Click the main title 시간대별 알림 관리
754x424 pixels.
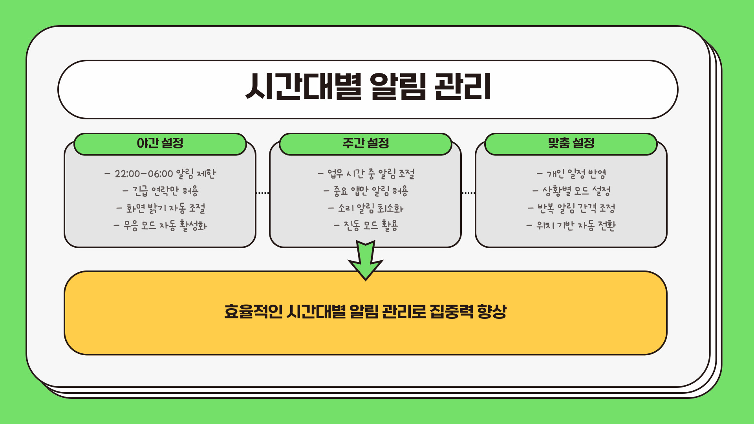pyautogui.click(x=368, y=87)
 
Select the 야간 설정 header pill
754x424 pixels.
pyautogui.click(x=160, y=143)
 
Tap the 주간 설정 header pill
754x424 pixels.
pyautogui.click(x=366, y=143)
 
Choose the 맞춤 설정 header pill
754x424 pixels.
pyautogui.click(x=571, y=143)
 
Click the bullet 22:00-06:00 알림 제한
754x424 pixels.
pyautogui.click(x=160, y=174)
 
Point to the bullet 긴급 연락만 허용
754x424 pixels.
pyautogui.click(x=160, y=191)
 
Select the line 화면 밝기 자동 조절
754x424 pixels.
pyautogui.click(x=160, y=208)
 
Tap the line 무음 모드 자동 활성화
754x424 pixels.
pyautogui.click(x=160, y=225)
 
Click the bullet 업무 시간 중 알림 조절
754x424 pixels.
pyautogui.click(x=366, y=174)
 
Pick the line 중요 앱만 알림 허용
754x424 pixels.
pyautogui.click(x=366, y=191)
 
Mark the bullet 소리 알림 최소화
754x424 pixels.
pyautogui.click(x=366, y=208)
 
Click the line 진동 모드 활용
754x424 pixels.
pyautogui.click(x=366, y=225)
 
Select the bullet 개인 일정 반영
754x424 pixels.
pyautogui.click(x=571, y=174)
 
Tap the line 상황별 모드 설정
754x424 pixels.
pyautogui.click(x=571, y=191)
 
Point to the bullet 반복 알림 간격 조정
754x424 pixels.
pyautogui.click(x=571, y=208)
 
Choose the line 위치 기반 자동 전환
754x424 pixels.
pyautogui.click(x=571, y=225)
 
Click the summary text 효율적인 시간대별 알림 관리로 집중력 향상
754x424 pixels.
pyautogui.click(x=365, y=312)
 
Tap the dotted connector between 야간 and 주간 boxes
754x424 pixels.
pyautogui.click(x=262, y=193)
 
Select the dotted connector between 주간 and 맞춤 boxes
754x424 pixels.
pyautogui.click(x=468, y=193)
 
